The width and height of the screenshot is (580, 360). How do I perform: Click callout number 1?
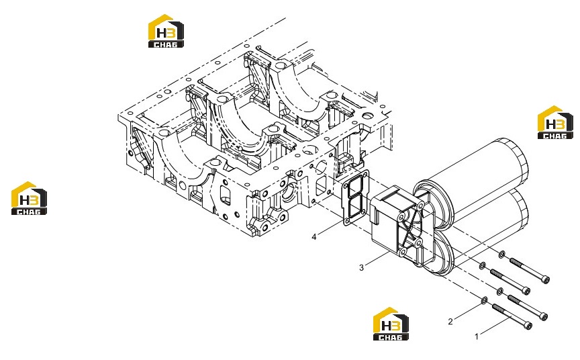[x=477, y=336]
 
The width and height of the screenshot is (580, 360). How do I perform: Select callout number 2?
[x=450, y=322]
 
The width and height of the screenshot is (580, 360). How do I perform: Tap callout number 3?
[x=361, y=267]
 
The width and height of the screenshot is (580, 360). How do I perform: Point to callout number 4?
[x=314, y=237]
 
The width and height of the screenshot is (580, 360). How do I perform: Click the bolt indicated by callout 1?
[x=512, y=316]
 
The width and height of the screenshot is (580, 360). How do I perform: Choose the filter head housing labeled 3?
[x=397, y=226]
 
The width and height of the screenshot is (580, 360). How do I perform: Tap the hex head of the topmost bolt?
[x=545, y=279]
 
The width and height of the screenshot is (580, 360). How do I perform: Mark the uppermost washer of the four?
[x=501, y=254]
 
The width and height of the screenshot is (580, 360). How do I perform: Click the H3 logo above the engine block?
[x=166, y=31]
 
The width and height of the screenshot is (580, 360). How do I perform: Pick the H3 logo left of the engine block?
[x=29, y=198]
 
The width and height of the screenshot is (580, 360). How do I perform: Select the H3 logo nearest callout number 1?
[x=391, y=324]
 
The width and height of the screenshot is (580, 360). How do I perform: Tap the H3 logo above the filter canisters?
[x=555, y=122]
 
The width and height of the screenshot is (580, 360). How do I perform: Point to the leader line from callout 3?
[x=377, y=259]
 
